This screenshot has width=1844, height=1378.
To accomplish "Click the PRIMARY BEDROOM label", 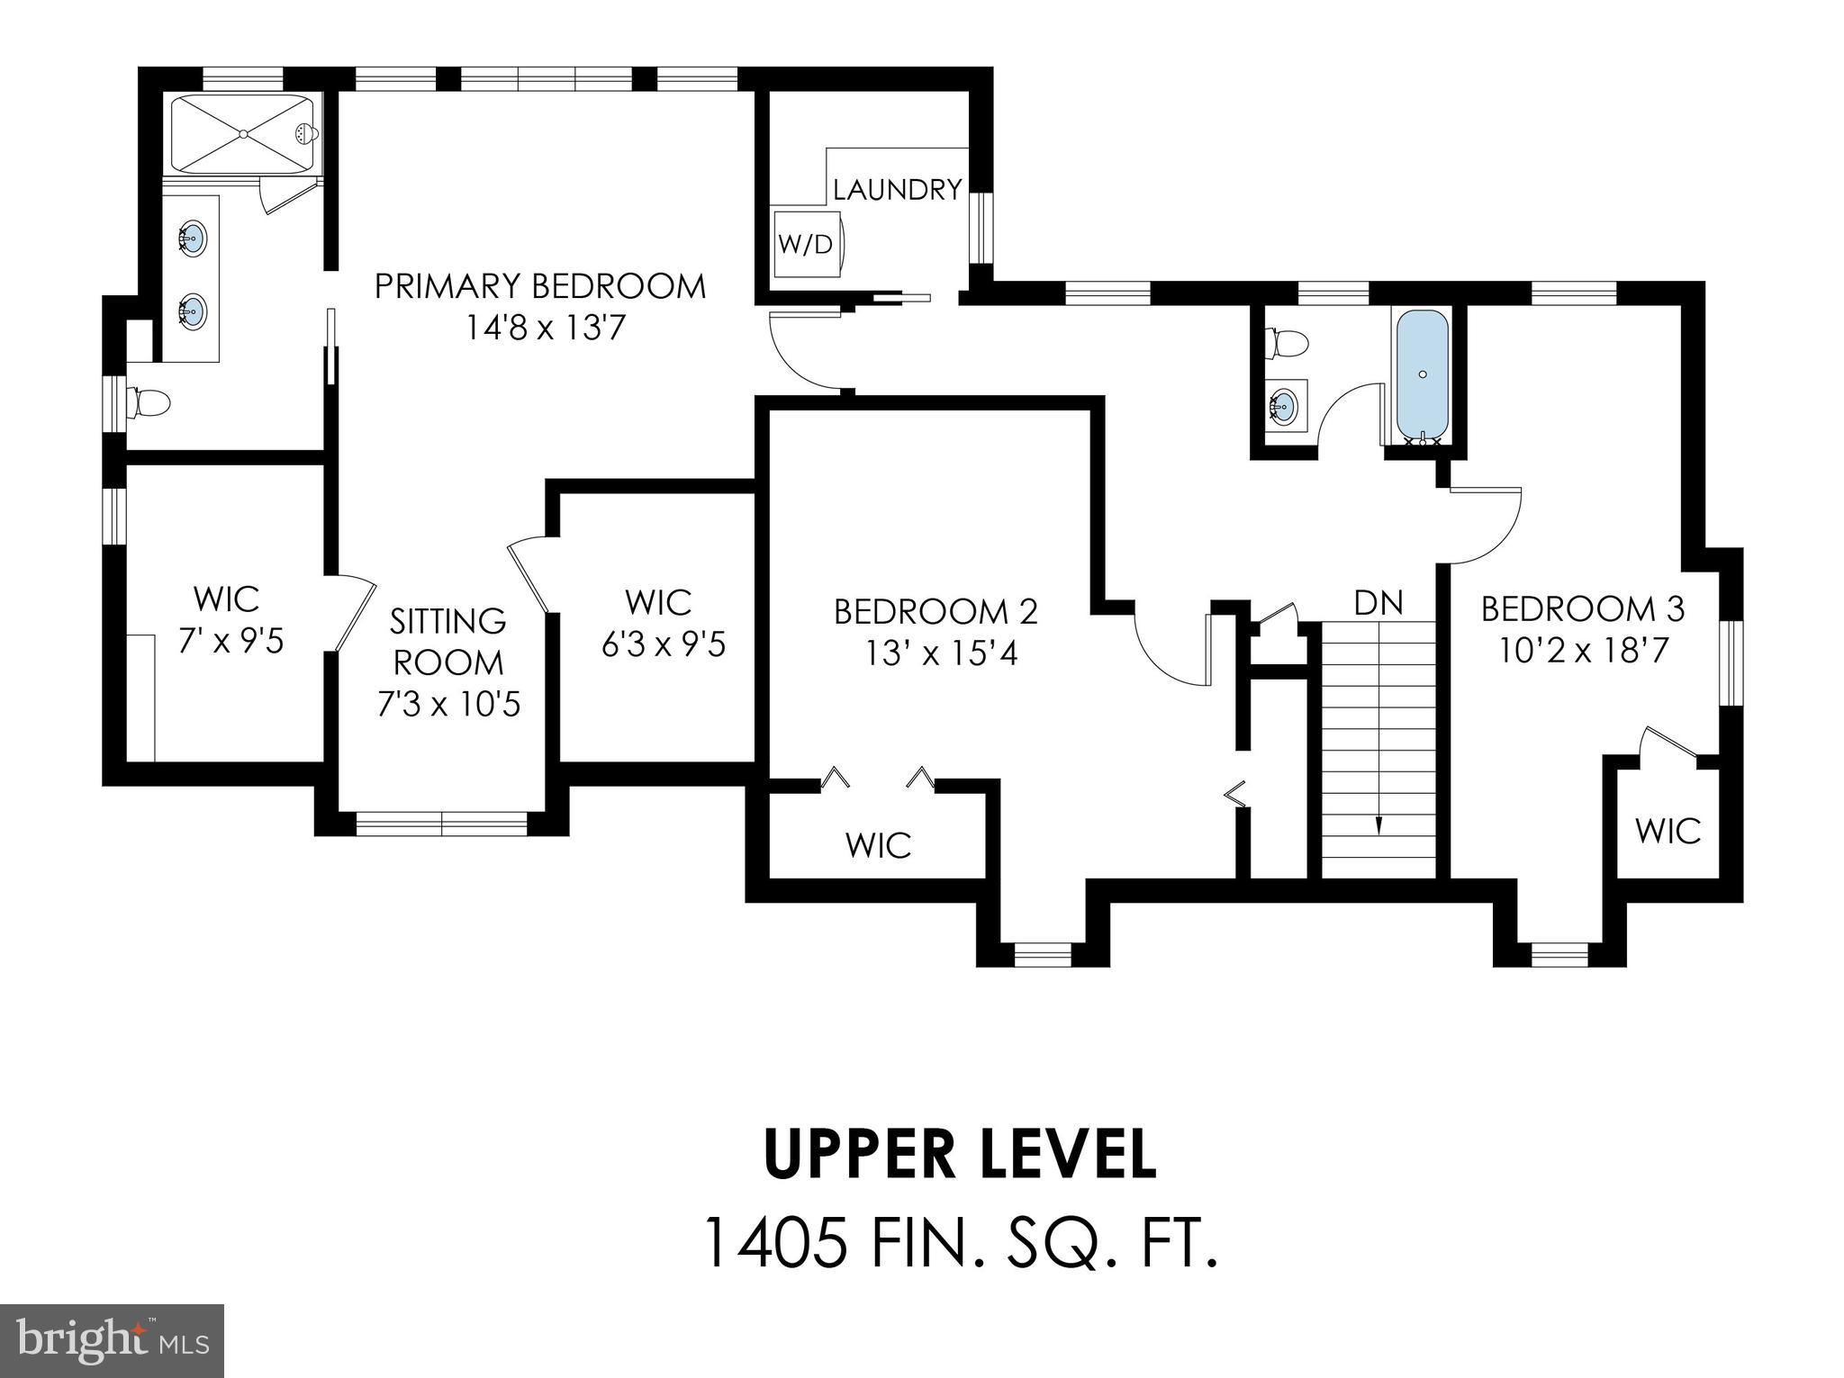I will click(540, 286).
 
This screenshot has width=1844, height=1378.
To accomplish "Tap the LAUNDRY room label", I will click(897, 190).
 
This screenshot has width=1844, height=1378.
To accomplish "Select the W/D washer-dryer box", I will click(805, 244).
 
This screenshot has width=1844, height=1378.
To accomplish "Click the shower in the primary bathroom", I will click(243, 134).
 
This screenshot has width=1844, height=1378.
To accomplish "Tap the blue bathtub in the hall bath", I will click(1422, 372).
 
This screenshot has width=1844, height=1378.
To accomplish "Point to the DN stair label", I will click(1378, 602).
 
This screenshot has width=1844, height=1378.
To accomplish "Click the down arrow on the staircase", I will click(1378, 824).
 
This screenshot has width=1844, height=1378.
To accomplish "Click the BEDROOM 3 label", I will click(1582, 609).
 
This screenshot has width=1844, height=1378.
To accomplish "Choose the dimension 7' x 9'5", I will click(230, 641).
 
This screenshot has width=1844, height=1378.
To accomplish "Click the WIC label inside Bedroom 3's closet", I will click(1668, 831).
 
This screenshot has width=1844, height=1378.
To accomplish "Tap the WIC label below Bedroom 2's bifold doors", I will click(878, 845).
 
